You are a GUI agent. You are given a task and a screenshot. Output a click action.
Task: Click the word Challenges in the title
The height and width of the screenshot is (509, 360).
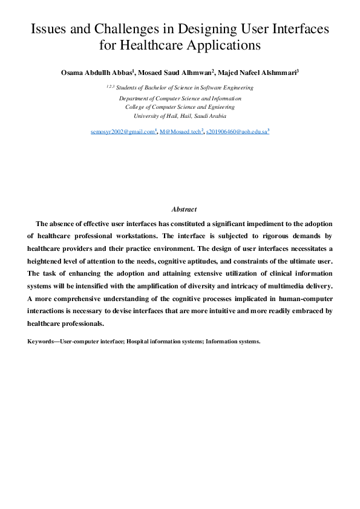(111, 28)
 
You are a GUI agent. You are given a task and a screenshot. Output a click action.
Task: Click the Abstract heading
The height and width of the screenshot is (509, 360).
(184, 209)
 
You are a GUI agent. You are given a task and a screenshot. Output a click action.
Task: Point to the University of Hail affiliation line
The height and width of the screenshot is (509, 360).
(180, 115)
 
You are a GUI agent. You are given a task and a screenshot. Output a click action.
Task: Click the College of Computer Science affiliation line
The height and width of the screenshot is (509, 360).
(180, 106)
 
